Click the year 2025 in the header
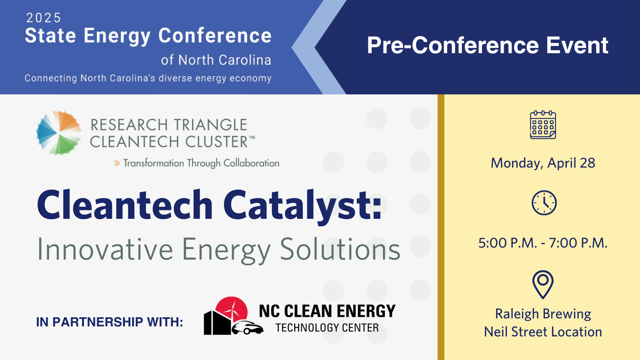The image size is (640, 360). click(44, 18)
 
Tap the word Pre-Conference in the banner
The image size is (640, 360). click(453, 45)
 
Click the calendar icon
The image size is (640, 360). click(543, 125)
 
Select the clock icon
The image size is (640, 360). click(544, 203)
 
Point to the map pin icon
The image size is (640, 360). click(543, 284)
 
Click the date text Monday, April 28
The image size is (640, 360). click(543, 163)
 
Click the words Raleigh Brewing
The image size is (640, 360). click(543, 314)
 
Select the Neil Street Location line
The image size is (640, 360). click(543, 332)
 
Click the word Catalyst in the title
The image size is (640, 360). click(302, 206)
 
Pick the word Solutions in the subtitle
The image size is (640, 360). click(340, 249)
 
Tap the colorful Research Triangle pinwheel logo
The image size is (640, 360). click(59, 133)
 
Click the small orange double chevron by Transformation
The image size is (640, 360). click(116, 163)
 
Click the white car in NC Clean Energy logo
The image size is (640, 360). click(248, 328)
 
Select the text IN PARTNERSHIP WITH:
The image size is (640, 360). click(110, 322)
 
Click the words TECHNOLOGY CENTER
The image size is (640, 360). click(327, 328)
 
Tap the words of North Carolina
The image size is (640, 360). click(216, 60)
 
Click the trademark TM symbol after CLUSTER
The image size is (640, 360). click(252, 138)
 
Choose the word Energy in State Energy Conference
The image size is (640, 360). click(118, 36)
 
